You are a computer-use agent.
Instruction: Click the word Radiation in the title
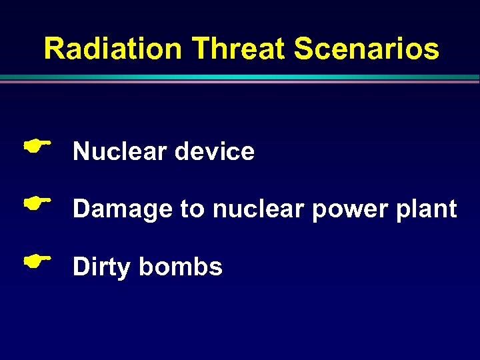(x=112, y=49)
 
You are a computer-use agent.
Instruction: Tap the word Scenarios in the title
(x=367, y=49)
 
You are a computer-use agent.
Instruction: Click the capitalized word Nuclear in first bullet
(x=120, y=152)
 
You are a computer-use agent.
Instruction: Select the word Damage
(x=123, y=210)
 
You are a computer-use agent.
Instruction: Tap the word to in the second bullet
(x=192, y=210)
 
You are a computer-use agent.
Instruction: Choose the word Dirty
(x=102, y=267)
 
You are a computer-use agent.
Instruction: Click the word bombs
(x=181, y=267)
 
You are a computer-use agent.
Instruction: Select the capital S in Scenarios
(x=303, y=49)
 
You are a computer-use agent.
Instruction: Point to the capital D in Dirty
(x=81, y=267)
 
